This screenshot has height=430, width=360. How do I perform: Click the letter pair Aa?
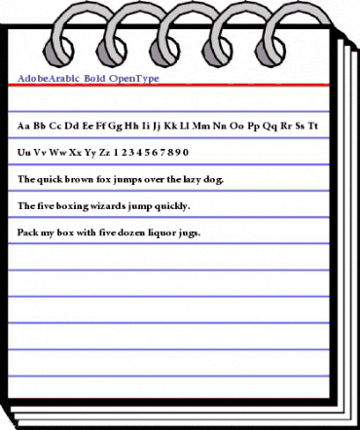(24, 126)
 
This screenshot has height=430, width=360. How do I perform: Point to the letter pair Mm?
(203, 126)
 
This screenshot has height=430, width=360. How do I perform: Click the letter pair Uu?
(24, 153)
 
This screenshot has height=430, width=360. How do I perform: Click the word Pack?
(28, 233)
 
